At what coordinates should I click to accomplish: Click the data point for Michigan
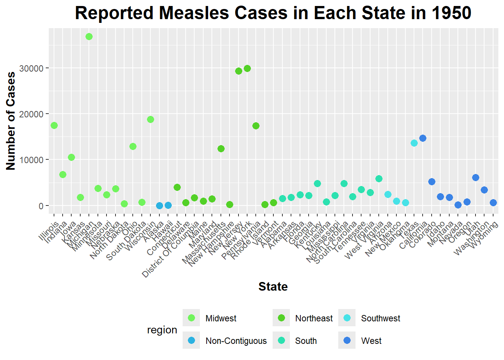(x=89, y=36)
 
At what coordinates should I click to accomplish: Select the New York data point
(x=247, y=68)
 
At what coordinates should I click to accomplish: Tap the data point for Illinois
(x=54, y=125)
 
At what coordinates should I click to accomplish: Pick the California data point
(x=423, y=138)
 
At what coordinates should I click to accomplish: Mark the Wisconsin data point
(x=150, y=119)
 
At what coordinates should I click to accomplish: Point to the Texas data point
(x=414, y=143)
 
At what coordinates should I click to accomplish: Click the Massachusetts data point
(x=221, y=148)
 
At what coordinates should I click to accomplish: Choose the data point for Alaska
(x=159, y=205)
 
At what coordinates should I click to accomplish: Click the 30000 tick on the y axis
(x=31, y=68)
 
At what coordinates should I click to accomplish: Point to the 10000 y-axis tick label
(x=31, y=160)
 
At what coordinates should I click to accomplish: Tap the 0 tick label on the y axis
(x=41, y=206)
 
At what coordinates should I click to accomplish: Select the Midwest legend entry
(x=221, y=318)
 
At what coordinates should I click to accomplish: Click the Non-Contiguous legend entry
(x=236, y=341)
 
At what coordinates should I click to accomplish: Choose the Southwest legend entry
(x=380, y=318)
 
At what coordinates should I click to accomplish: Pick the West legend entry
(x=371, y=341)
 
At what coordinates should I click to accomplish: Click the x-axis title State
(x=273, y=286)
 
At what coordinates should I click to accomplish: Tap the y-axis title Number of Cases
(x=11, y=121)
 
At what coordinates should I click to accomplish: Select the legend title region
(x=162, y=330)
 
